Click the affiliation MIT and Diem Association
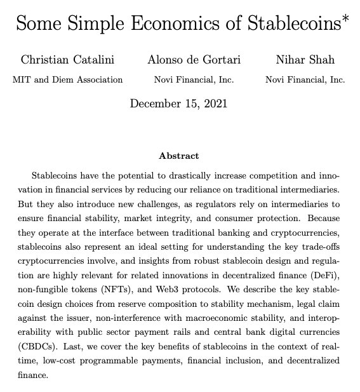click(x=67, y=80)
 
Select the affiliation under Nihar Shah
click(x=304, y=80)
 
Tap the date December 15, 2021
click(x=180, y=103)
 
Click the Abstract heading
click(x=180, y=156)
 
